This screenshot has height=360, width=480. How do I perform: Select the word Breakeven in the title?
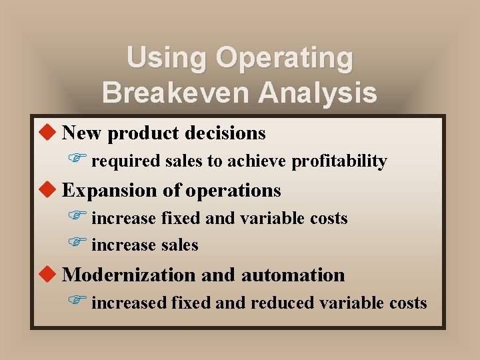click(175, 93)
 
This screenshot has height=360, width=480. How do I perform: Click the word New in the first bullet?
click(82, 133)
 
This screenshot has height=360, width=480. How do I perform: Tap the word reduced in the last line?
click(283, 303)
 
